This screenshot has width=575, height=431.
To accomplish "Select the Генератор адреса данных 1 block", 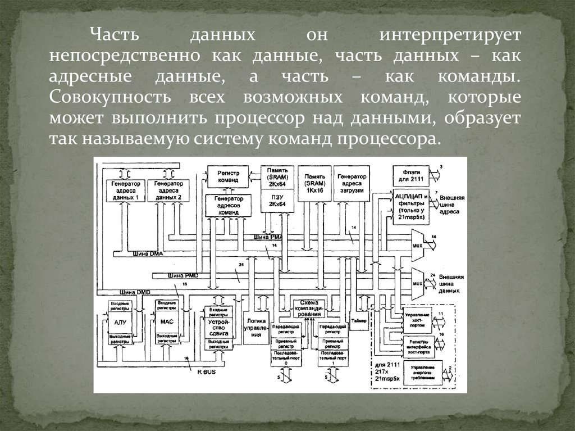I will [126, 191].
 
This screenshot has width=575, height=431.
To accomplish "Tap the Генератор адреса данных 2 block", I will [168, 191].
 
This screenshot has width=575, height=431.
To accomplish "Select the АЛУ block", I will [120, 323].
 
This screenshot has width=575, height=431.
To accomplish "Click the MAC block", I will [167, 323].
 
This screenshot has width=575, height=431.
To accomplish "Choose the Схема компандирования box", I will [309, 308].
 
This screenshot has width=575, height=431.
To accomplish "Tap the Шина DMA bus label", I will [147, 253].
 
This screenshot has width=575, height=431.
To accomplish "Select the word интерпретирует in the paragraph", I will [449, 36].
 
